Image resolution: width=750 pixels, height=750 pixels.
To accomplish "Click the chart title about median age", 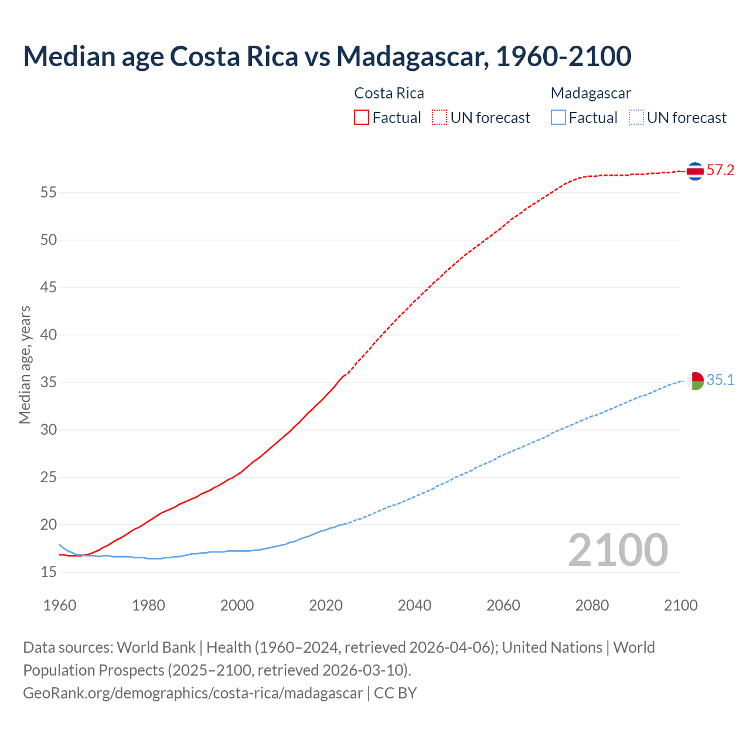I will click(327, 56).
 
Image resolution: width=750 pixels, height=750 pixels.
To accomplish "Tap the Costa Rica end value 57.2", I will click(720, 171).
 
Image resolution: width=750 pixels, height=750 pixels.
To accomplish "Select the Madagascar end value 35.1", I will click(720, 380).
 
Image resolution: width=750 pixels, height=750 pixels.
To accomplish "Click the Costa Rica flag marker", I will click(695, 171).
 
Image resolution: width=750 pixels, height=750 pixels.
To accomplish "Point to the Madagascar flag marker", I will click(695, 381).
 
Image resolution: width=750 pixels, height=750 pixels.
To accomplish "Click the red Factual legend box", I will click(362, 117).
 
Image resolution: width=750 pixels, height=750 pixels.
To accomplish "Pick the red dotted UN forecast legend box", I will click(439, 117).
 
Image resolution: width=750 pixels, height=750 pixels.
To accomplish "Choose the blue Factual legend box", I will click(558, 117).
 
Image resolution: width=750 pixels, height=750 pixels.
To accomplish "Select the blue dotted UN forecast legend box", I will click(636, 117).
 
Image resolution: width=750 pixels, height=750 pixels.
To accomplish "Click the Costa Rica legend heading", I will click(389, 93).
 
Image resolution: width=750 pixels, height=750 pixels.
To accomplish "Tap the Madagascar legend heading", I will click(591, 93).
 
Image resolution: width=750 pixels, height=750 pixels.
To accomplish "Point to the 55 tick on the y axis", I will click(49, 192).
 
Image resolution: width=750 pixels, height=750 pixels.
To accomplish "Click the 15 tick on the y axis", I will click(49, 572).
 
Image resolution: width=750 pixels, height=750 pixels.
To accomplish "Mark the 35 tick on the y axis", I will click(49, 382).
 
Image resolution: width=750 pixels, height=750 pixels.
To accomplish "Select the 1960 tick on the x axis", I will click(60, 605).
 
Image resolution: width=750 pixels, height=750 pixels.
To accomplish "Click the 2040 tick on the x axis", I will click(414, 605).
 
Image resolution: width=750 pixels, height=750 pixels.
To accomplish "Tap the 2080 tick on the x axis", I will click(592, 605).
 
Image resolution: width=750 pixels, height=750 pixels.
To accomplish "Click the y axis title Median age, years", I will click(25, 364).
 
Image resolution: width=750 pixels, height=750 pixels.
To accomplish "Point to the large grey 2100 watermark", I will click(618, 550).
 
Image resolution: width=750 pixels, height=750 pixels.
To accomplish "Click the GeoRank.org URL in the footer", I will click(193, 693).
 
